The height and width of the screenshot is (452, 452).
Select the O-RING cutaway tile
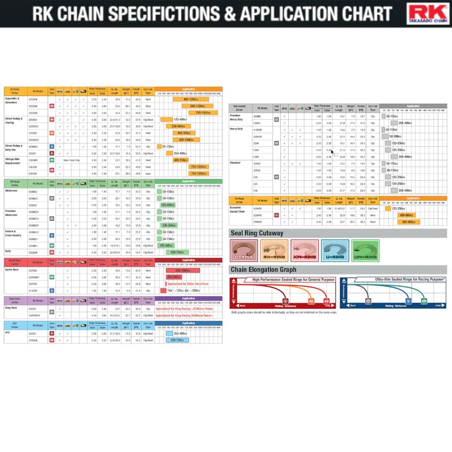pos(243,250)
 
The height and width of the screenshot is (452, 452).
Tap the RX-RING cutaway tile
pos(274,250)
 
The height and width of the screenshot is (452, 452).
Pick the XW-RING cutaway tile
pos(304,250)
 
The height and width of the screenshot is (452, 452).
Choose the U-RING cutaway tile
pos(335,250)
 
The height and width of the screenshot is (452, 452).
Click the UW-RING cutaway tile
pos(365,250)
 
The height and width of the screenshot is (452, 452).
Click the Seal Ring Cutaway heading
pos(257,233)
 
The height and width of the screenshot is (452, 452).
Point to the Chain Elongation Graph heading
pos(263,270)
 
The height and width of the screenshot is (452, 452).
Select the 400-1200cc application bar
pos(191,99)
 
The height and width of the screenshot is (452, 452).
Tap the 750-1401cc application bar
pos(206,113)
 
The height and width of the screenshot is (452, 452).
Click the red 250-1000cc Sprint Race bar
pos(183,271)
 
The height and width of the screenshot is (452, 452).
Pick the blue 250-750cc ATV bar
pos(177,340)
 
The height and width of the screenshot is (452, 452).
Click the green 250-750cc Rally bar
pos(178,252)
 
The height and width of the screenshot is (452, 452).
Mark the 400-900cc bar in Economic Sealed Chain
pos(408,222)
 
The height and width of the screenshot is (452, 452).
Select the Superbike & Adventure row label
pos(12,101)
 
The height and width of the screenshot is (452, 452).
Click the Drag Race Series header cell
pos(15,300)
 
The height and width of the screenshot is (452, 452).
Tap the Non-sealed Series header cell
pos(239,108)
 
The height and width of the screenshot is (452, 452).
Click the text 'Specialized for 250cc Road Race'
pos(188,284)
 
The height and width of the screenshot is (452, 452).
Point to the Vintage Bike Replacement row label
pos(13,161)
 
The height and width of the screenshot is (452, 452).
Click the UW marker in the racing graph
pos(424,300)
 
